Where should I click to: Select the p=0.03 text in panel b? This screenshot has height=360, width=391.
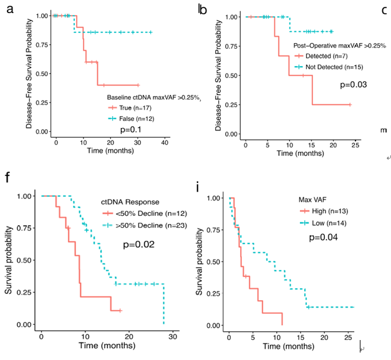point(353,85)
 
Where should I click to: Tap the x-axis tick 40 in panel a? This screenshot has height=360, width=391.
point(165,143)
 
